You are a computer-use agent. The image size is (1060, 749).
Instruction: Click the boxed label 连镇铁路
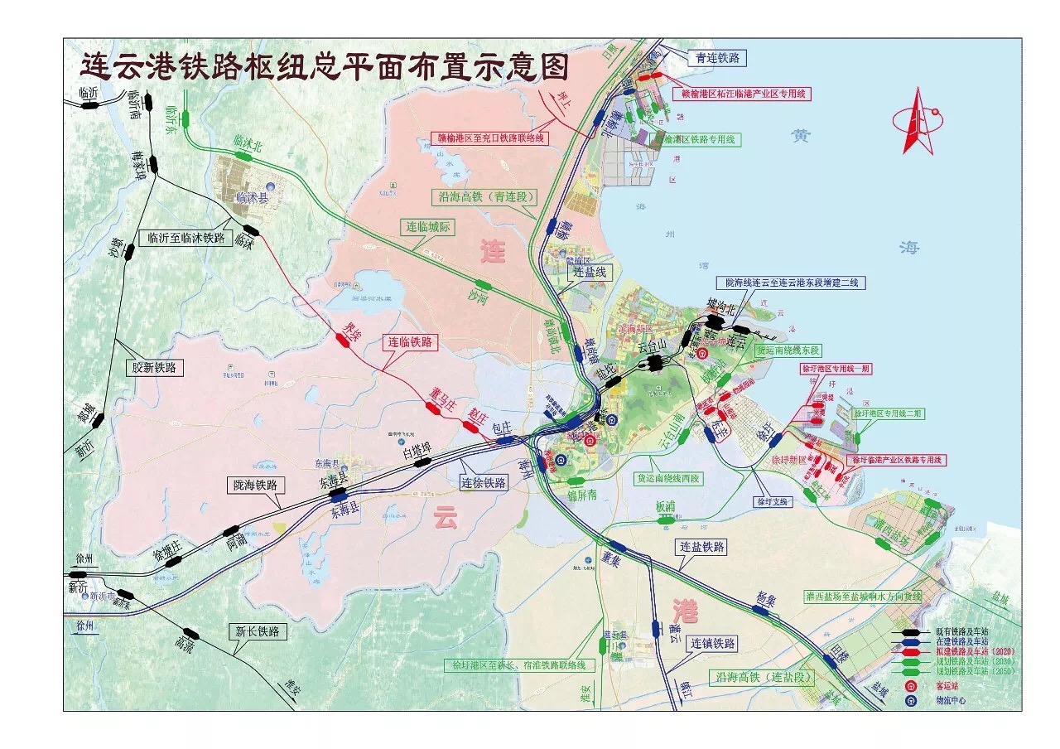(714, 643)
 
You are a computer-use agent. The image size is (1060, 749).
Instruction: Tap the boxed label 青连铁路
(717, 58)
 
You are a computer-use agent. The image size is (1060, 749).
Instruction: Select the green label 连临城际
(428, 226)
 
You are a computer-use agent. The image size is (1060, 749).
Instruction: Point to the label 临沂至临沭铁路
(186, 238)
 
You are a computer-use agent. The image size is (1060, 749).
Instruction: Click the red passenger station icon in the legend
(911, 687)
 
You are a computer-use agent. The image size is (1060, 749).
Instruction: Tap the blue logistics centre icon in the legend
(911, 700)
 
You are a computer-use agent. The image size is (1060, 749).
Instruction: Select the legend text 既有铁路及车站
(961, 632)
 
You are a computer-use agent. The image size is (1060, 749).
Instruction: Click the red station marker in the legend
(911, 652)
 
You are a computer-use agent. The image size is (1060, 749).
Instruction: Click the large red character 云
(446, 519)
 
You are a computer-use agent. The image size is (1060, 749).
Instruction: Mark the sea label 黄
(800, 135)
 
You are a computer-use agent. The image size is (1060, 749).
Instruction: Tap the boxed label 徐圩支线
(773, 501)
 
